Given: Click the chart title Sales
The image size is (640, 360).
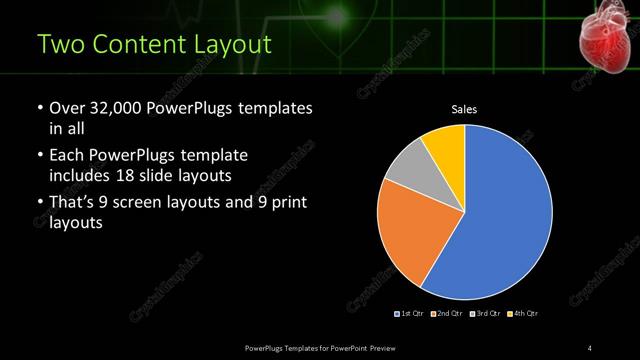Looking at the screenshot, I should [464, 108].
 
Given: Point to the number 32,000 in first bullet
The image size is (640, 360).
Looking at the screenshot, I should [112, 107].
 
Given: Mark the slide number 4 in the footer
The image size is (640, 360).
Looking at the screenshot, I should [589, 347].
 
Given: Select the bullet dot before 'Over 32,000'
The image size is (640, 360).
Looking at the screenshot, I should [39, 107].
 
